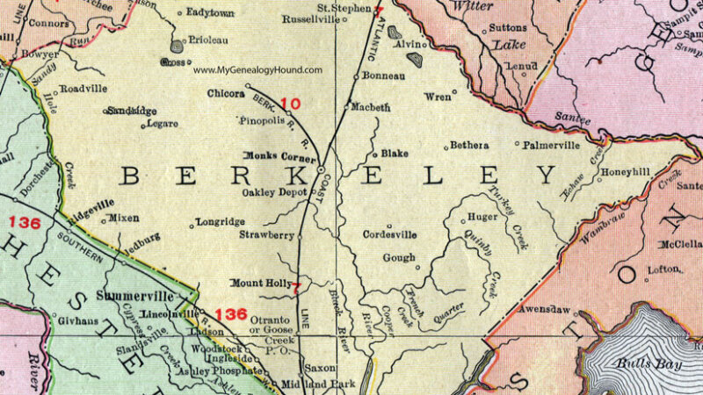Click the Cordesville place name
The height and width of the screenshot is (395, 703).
[389, 235]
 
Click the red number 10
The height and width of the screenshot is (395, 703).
[290, 104]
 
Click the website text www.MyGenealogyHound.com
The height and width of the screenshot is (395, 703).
[257, 70]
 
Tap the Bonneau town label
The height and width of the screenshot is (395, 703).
[385, 76]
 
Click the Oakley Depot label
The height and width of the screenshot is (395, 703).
[273, 191]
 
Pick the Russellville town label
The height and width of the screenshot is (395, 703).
[309, 18]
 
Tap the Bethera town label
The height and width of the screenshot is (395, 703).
[470, 145]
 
